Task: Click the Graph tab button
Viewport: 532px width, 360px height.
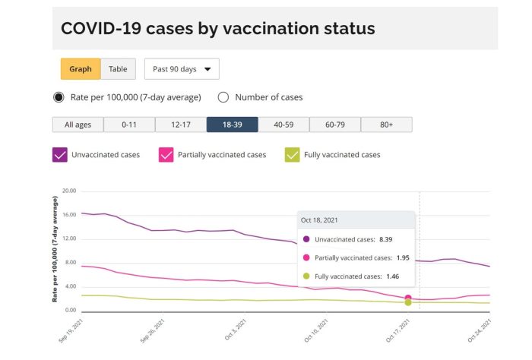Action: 81,69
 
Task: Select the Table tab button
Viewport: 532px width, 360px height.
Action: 118,69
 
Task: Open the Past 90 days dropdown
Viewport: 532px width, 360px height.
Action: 182,69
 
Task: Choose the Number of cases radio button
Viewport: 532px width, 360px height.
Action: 224,97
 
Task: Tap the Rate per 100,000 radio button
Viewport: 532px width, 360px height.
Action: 59,97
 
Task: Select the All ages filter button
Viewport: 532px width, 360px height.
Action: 78,125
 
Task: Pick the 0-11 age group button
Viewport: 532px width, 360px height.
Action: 129,125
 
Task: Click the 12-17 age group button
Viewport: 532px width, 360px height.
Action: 181,125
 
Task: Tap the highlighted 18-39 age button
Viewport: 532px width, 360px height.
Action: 232,125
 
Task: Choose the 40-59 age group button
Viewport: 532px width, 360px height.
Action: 283,125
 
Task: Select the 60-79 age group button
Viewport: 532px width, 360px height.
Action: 335,125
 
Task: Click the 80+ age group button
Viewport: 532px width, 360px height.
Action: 387,125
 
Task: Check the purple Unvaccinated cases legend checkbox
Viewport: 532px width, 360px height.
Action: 60,155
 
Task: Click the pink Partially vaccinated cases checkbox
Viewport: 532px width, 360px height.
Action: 166,155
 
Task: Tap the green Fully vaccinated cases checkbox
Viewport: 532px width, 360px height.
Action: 292,155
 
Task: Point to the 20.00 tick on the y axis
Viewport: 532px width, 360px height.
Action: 69,191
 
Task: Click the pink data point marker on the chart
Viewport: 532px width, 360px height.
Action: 408,298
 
